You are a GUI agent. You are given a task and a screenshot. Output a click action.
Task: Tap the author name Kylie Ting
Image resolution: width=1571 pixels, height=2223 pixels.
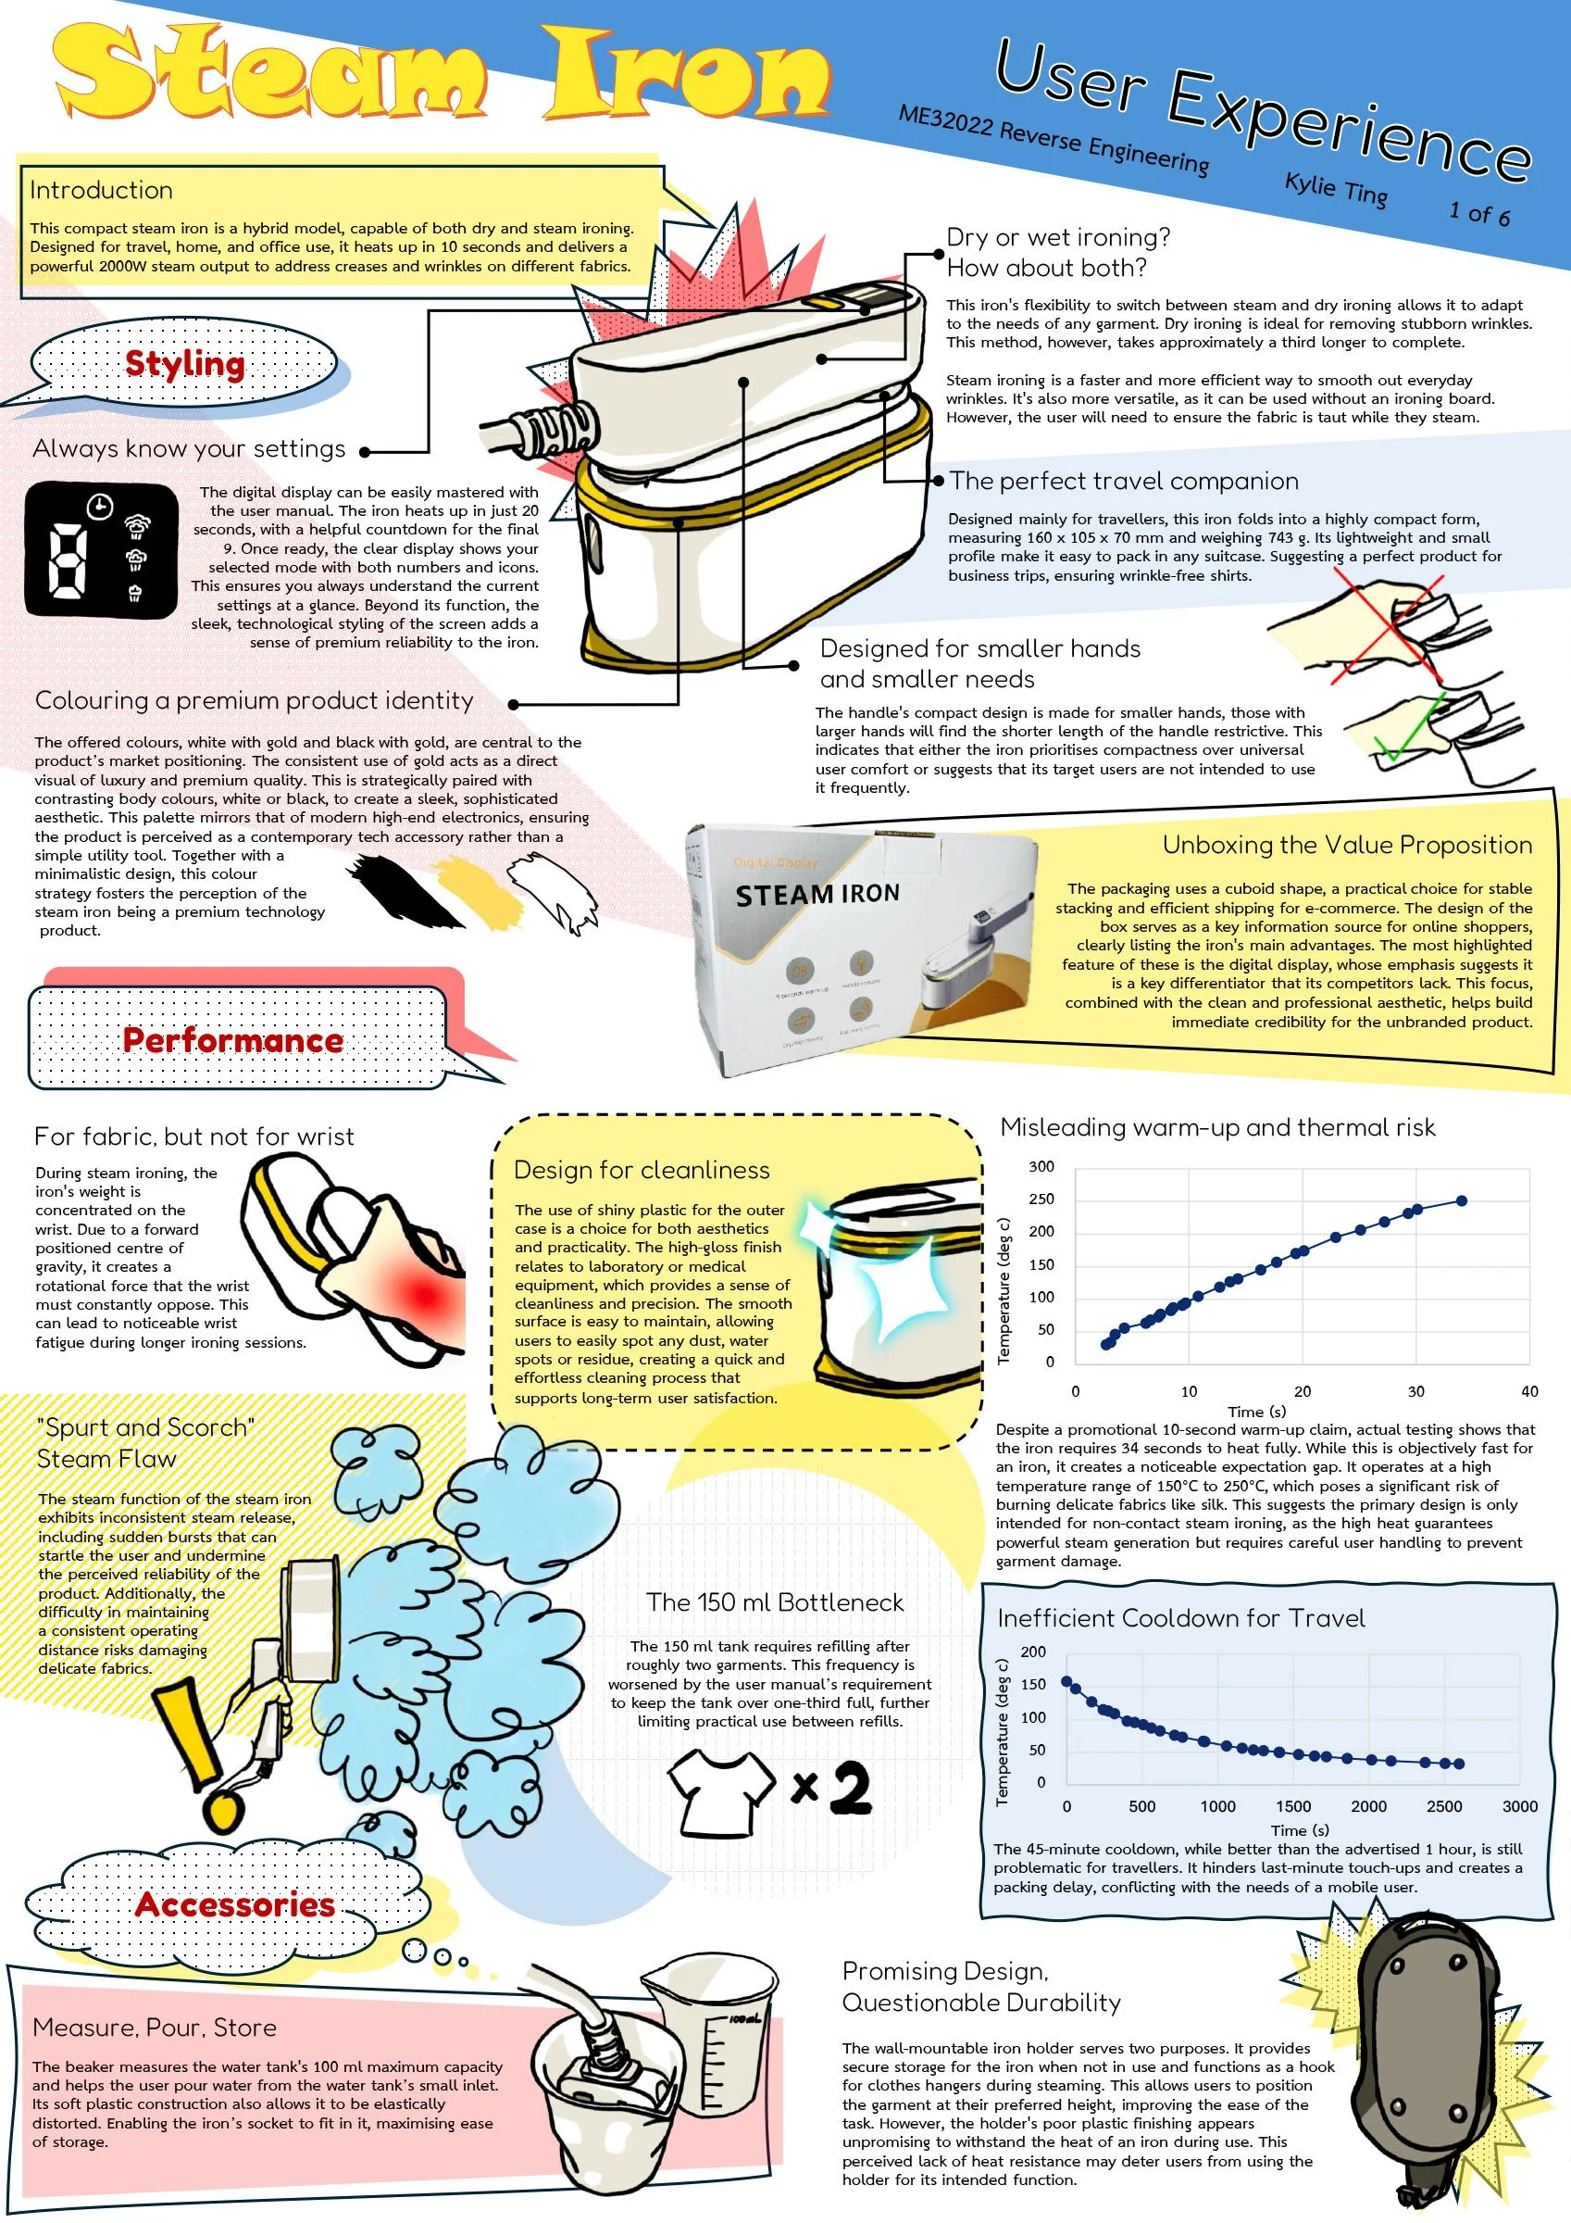(1336, 189)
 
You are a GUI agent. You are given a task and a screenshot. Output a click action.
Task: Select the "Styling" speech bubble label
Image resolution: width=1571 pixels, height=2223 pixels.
(185, 364)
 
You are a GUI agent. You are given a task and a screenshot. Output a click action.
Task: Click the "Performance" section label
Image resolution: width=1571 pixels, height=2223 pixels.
(232, 1040)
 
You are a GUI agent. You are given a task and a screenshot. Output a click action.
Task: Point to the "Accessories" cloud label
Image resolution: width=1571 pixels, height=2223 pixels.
(235, 1904)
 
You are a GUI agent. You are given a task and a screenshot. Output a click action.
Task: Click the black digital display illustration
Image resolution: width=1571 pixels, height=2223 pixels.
(102, 548)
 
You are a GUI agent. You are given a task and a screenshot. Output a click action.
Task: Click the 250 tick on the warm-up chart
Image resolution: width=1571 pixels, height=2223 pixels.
(1041, 1199)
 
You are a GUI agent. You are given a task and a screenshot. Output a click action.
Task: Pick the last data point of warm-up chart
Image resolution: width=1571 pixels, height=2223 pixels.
(1462, 1200)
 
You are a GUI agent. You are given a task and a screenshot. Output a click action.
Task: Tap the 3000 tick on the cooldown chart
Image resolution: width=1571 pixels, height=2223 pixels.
(1520, 1805)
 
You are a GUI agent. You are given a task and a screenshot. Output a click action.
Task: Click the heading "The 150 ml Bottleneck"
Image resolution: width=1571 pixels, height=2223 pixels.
(774, 1602)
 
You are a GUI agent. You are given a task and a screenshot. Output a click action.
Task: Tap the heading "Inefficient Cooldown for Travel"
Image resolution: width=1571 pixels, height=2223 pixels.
(1181, 1618)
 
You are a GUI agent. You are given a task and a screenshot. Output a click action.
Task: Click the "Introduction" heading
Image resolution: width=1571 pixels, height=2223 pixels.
(101, 190)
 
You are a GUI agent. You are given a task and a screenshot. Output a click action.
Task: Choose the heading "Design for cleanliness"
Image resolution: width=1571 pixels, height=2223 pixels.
(642, 1170)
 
